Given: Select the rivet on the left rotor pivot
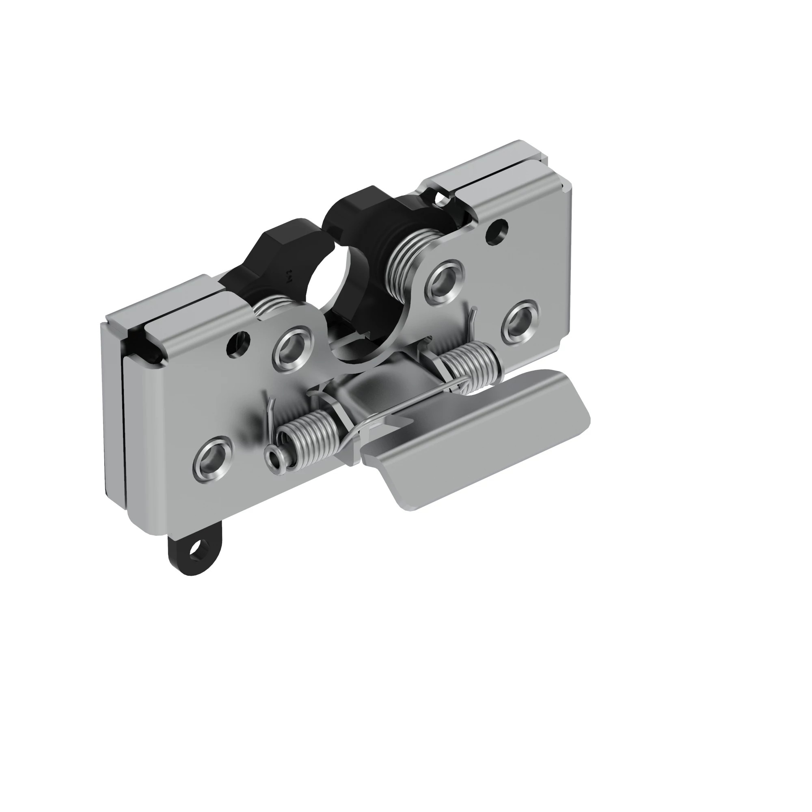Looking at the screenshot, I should (294, 348).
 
